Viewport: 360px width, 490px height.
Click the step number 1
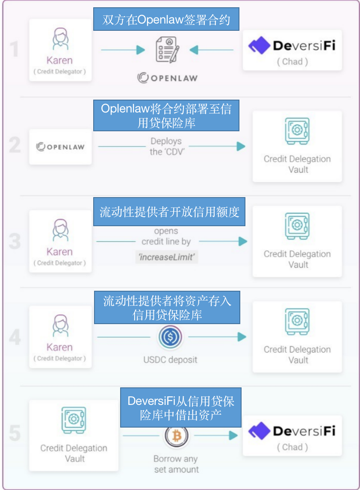[x=15, y=50]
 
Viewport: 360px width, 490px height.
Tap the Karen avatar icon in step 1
[x=60, y=39]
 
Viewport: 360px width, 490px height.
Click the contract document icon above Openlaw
[x=167, y=50]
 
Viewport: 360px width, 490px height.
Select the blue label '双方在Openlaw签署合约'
[x=166, y=20]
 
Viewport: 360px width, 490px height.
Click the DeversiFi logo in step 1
[x=292, y=45]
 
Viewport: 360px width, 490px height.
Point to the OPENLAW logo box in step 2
[x=60, y=147]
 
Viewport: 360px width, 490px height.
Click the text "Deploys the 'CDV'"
[x=166, y=146]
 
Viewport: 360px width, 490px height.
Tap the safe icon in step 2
[x=297, y=131]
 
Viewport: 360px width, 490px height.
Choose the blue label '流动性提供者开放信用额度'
[x=169, y=212]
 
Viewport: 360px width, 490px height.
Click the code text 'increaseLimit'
[x=166, y=257]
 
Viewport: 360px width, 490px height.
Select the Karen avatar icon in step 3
[x=60, y=230]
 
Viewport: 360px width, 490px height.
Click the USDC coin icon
[x=170, y=337]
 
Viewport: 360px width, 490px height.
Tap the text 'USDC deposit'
[x=170, y=360]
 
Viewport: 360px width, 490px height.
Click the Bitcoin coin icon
[x=176, y=435]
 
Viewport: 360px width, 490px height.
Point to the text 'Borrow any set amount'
[x=176, y=464]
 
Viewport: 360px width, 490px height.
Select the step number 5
[x=15, y=433]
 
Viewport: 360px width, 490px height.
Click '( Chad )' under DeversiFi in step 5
[x=292, y=447]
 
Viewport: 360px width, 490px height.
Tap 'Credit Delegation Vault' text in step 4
[x=297, y=354]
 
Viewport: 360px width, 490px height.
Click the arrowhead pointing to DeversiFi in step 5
[x=233, y=435]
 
